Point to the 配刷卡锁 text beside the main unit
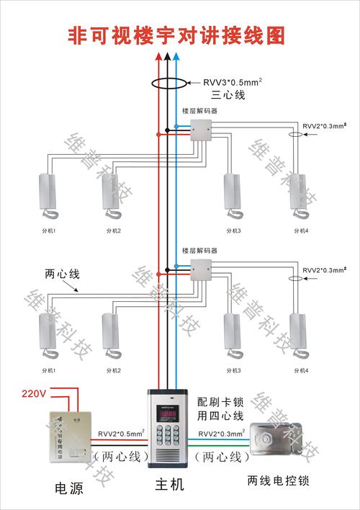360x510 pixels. click(x=217, y=401)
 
